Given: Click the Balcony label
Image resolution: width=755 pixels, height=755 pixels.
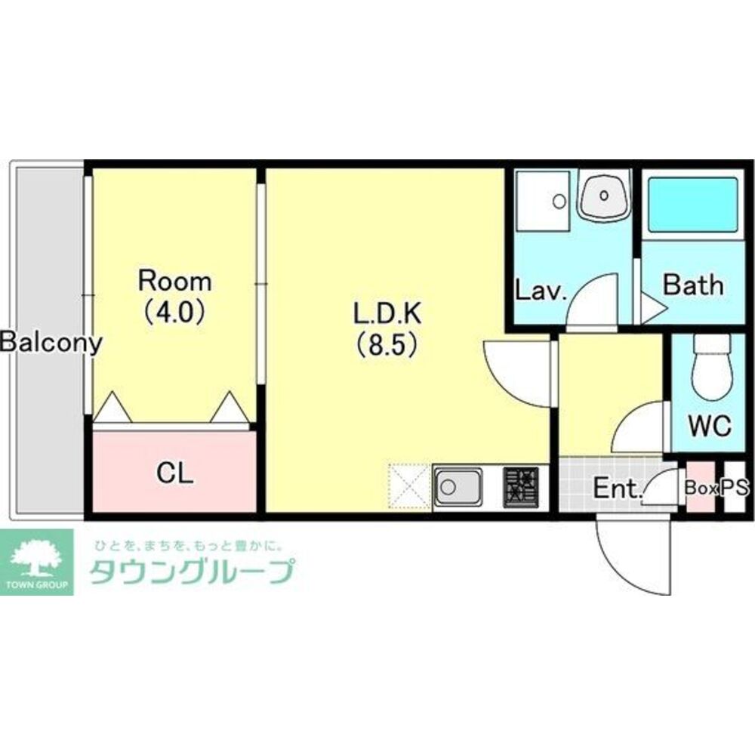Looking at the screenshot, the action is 51,342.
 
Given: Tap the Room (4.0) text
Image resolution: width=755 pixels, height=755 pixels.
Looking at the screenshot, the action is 175,296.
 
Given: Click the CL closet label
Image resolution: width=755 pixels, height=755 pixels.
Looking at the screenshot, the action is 175,473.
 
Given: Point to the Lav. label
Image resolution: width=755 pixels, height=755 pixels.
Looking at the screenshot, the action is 541,291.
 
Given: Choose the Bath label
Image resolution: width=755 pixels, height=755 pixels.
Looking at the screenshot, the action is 693,285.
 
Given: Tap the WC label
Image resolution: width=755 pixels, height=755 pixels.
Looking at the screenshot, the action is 710,425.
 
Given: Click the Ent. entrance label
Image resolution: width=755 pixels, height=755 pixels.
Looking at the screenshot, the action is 618,488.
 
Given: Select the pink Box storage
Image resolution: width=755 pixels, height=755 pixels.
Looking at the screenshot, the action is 701,487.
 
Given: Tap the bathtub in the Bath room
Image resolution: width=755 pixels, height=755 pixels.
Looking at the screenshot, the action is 693,205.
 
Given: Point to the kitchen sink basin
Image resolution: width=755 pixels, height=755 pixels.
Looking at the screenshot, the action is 458,487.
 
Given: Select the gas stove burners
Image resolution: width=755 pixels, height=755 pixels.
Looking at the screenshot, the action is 521,487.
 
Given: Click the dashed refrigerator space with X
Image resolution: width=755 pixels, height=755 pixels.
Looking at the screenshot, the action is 408,486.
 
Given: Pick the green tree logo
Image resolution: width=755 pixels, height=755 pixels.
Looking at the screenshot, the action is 36,562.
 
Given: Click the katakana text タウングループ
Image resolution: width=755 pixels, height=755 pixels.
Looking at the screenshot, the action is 192,572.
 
